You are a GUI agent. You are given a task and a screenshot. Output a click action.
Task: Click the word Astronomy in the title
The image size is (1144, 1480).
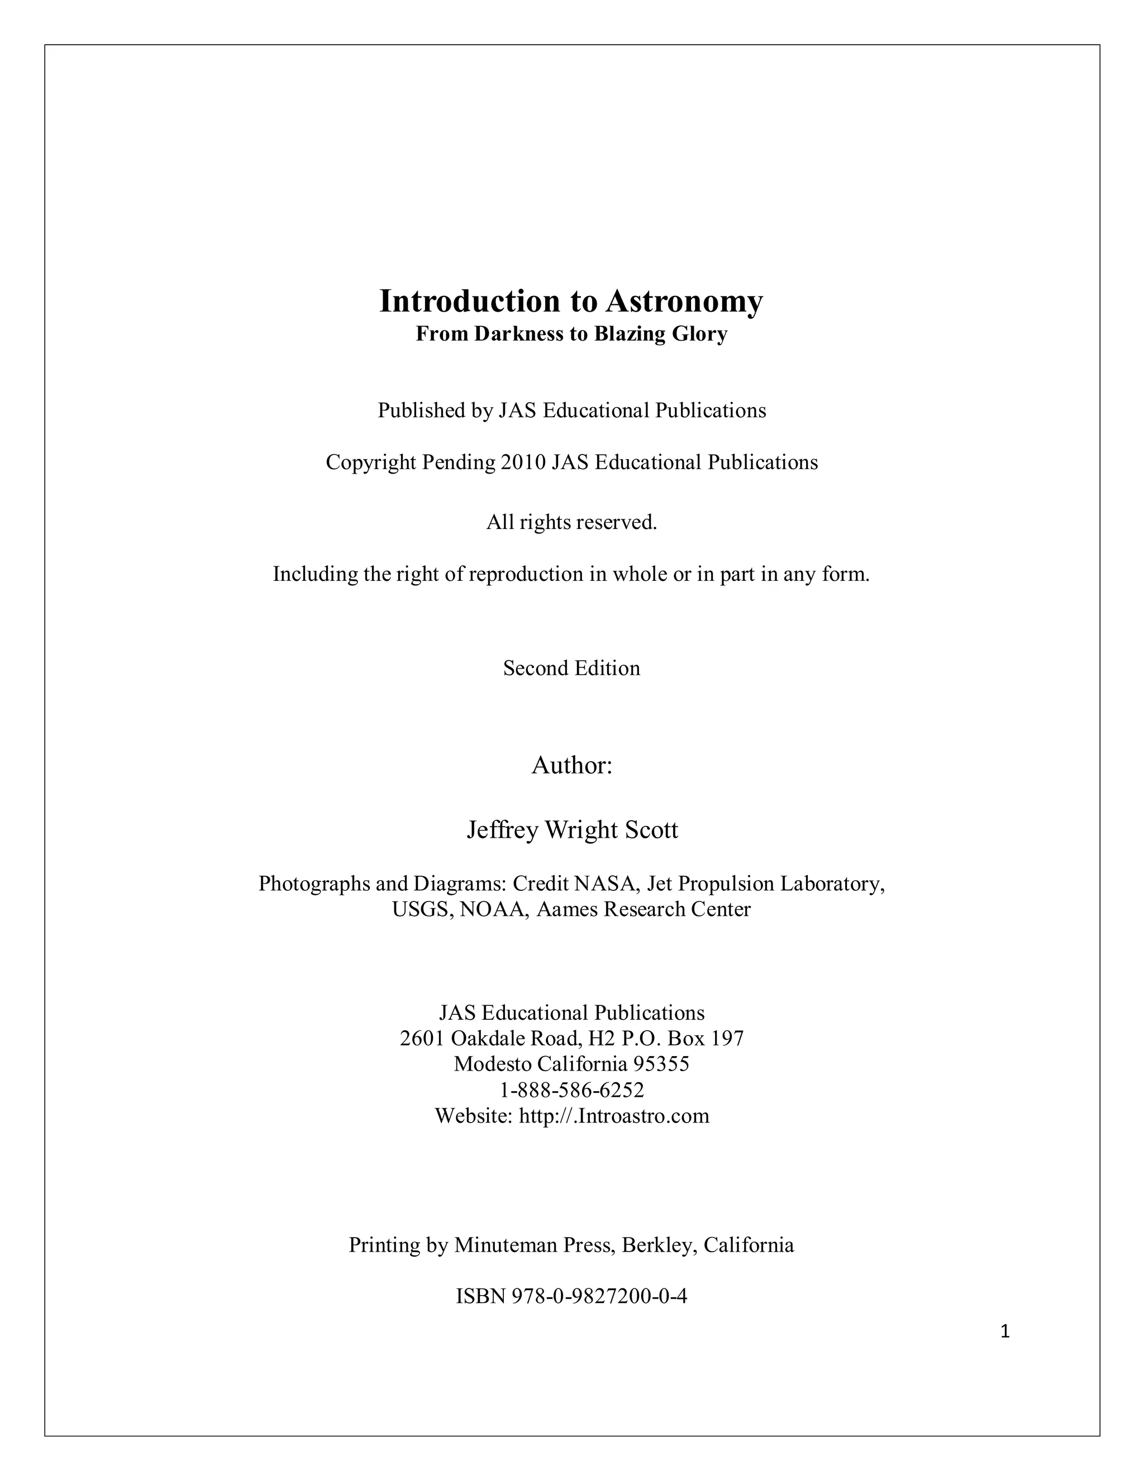[684, 302]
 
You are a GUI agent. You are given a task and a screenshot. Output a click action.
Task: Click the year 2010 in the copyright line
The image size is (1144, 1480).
[522, 462]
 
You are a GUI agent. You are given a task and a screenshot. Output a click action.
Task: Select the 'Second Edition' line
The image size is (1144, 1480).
[571, 668]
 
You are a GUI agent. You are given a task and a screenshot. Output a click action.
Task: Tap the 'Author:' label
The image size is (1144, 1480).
[571, 765]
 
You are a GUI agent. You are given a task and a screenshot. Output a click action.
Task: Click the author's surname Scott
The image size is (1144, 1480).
[651, 830]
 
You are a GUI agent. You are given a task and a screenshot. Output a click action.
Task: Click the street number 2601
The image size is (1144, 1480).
[422, 1038]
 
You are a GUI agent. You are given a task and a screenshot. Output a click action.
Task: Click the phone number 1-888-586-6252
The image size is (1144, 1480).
[571, 1090]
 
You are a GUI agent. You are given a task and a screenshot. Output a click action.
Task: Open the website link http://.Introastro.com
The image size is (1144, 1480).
[613, 1115]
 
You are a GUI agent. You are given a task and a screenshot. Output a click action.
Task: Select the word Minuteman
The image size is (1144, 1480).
[509, 1245]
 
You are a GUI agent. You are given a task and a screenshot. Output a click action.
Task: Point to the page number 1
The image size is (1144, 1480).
[1005, 1332]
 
